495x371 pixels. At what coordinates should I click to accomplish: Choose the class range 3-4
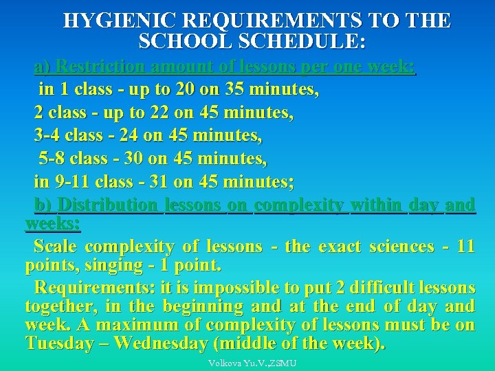(47, 136)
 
